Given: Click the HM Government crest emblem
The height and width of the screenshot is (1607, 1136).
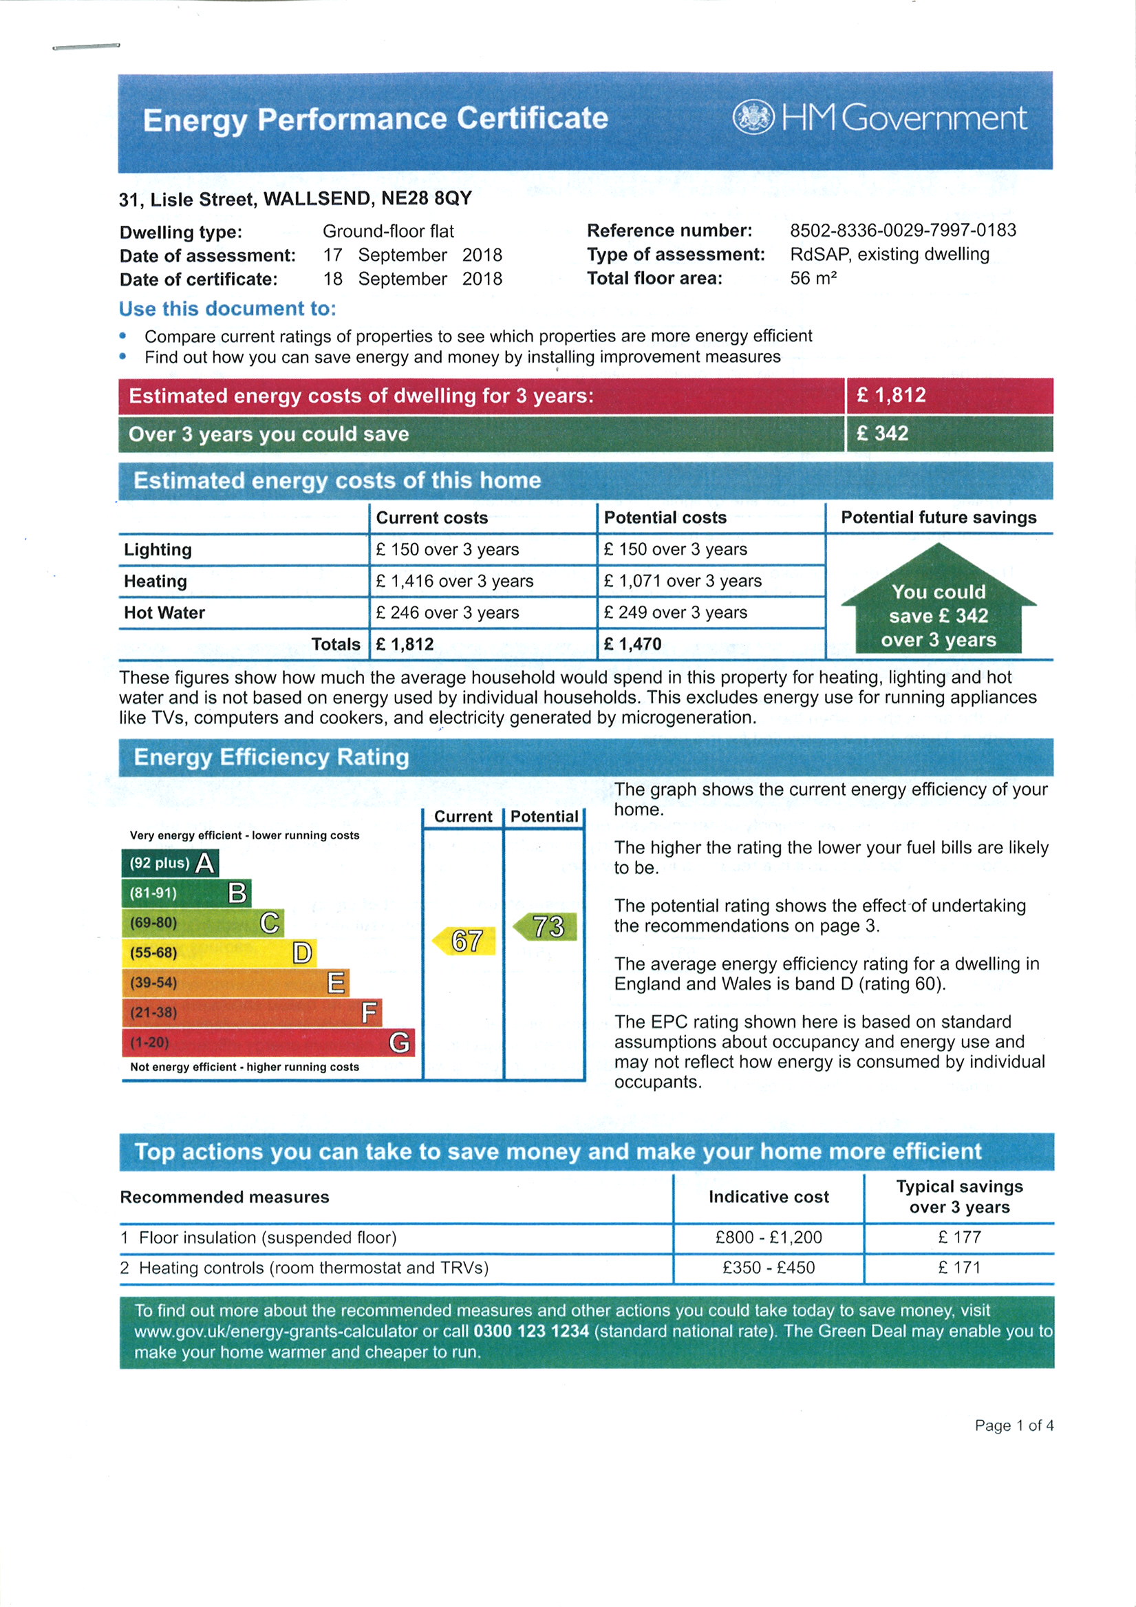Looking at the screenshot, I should pos(753,118).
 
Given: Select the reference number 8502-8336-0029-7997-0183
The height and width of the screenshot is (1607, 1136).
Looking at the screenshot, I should pos(903,231).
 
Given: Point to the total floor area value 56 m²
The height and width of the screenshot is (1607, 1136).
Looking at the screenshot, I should pos(813,279).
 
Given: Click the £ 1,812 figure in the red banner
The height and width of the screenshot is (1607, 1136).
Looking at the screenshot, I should pos(891,396).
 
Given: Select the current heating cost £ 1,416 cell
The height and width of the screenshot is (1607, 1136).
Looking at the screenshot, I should pos(454,581).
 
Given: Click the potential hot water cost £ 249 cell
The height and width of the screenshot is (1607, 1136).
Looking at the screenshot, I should pos(676,613).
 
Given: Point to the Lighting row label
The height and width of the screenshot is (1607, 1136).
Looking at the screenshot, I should pos(158,550).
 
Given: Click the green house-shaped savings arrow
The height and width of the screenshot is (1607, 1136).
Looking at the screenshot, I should pos(938,602).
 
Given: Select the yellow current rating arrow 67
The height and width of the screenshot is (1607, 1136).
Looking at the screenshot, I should pos(464,941).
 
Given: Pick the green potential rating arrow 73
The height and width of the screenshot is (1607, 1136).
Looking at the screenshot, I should pos(546,926).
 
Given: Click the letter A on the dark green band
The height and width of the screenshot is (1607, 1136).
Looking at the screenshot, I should pos(204,864).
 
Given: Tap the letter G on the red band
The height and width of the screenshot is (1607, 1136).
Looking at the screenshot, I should pos(399,1043).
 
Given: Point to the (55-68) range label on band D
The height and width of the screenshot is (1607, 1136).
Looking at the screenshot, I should pos(153,953).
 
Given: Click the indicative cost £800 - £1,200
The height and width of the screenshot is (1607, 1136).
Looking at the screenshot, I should pos(769,1237).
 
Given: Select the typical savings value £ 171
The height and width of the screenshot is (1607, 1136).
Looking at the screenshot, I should pos(959,1268).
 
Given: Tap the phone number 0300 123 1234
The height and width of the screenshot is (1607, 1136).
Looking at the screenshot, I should pos(531,1331).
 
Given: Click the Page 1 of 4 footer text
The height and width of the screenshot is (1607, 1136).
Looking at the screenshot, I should pos(1014,1426).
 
